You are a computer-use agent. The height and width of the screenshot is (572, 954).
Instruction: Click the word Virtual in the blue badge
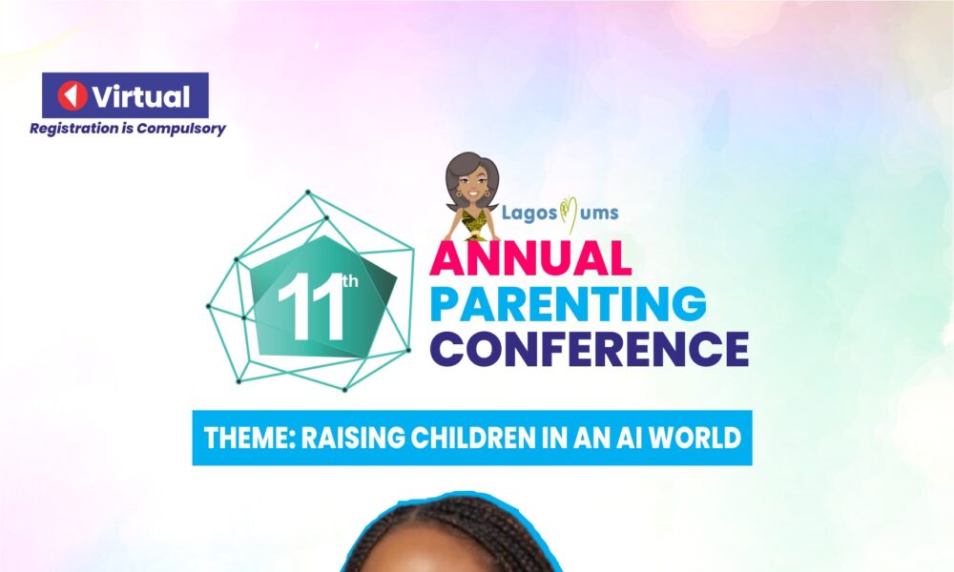tap(141, 96)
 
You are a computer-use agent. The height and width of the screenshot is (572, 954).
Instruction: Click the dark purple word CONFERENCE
tap(589, 348)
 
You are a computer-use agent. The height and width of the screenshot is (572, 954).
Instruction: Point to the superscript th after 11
tap(350, 282)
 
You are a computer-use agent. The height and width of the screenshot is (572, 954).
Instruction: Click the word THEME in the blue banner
tap(242, 439)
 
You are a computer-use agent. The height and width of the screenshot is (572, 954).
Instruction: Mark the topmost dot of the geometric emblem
tap(308, 193)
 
